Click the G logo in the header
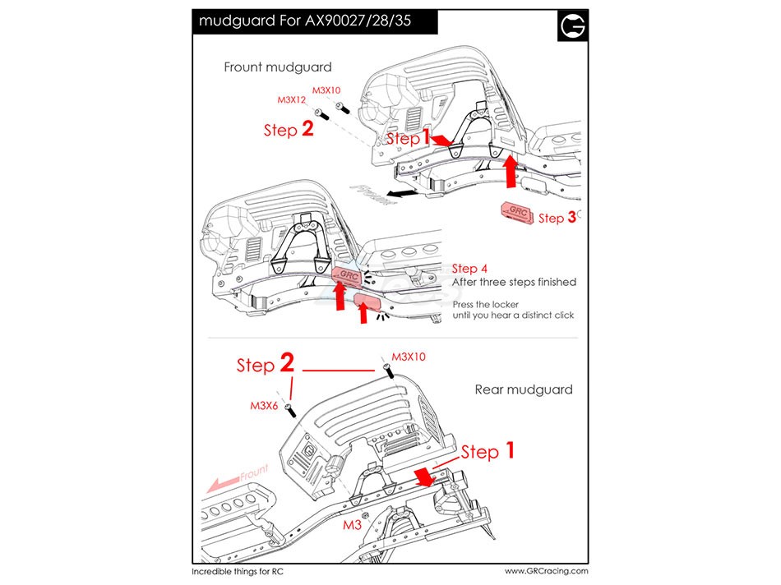(x=573, y=26)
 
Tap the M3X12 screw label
(x=291, y=99)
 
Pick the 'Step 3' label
(x=551, y=218)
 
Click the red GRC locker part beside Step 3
(x=516, y=212)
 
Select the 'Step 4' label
(x=469, y=269)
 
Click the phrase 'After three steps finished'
(x=514, y=283)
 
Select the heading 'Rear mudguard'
(x=524, y=389)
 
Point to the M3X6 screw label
(x=263, y=405)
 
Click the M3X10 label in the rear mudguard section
(x=409, y=357)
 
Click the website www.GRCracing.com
(x=546, y=570)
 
